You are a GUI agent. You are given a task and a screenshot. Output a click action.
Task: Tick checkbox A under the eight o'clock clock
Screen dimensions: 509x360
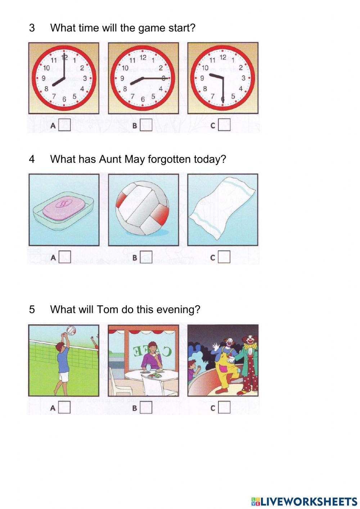[64, 125]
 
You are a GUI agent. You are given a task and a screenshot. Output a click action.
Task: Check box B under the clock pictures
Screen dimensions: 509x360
[146, 125]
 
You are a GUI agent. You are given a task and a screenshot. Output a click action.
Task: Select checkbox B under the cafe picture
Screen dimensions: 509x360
[146, 408]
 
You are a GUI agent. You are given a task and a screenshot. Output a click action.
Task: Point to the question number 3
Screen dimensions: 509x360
[32, 28]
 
